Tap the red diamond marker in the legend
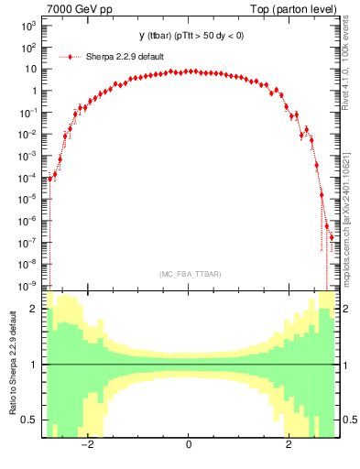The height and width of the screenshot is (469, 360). [76, 56]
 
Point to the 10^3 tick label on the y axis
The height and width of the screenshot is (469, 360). [27, 26]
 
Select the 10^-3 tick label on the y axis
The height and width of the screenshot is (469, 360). [27, 156]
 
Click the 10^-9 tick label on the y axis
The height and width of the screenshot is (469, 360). [27, 286]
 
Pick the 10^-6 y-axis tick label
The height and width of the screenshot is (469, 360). [27, 221]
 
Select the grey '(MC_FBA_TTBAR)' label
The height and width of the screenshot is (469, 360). [188, 275]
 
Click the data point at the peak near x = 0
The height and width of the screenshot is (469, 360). [188, 71]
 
